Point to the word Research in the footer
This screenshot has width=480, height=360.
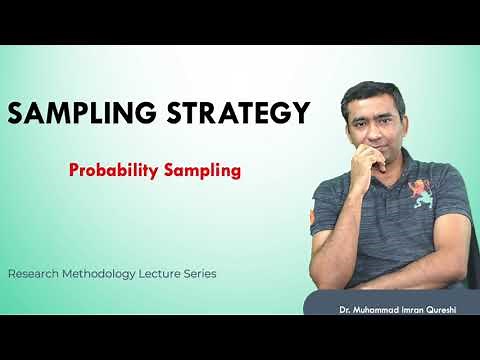[x=37, y=272]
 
